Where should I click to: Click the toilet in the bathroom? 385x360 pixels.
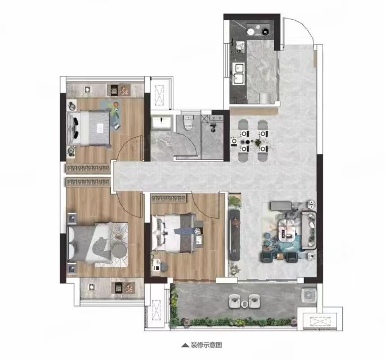[189, 123]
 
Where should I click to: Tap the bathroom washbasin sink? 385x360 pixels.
[161, 123]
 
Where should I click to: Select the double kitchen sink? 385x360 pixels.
[239, 73]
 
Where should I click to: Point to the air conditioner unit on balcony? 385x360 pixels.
[308, 295]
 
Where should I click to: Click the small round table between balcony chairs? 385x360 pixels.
[244, 304]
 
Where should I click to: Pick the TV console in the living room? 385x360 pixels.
[234, 235]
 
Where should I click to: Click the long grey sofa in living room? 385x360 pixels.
[308, 230]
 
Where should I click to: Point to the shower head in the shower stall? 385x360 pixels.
[212, 127]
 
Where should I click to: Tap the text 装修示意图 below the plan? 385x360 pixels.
[206, 345]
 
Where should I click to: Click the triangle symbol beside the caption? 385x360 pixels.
[185, 345]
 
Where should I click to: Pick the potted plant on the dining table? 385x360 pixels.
[258, 142]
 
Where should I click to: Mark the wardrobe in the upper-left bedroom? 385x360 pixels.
[88, 168]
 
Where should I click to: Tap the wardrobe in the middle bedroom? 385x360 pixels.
[168, 198]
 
